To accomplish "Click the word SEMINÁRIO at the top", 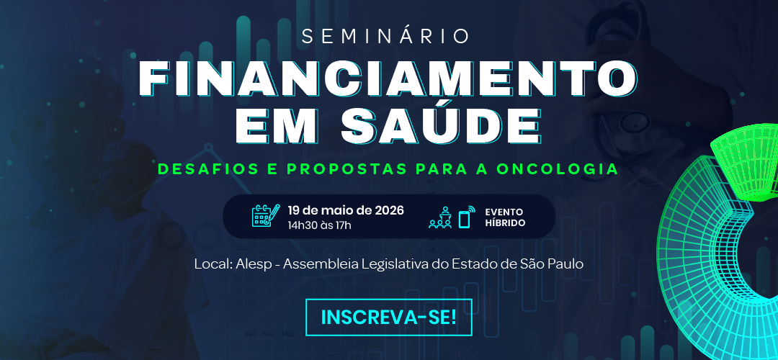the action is tap(385, 36).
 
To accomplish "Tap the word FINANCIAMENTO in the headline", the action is tap(388, 79).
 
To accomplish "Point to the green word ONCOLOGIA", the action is tap(557, 168).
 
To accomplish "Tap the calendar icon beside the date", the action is tap(265, 216).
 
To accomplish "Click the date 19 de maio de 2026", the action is tap(346, 210).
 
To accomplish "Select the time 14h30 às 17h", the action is tap(320, 225).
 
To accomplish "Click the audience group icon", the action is tap(440, 217).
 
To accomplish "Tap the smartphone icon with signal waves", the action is tap(466, 216).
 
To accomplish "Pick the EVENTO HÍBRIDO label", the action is tap(504, 217).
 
